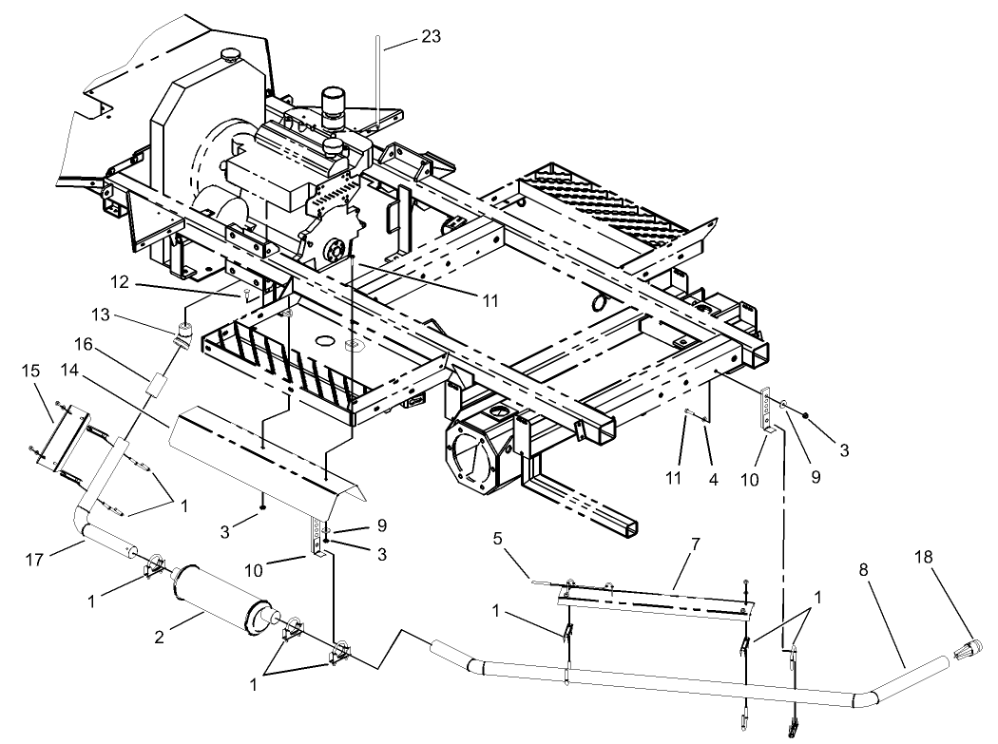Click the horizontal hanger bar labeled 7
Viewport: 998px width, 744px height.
[656, 597]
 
